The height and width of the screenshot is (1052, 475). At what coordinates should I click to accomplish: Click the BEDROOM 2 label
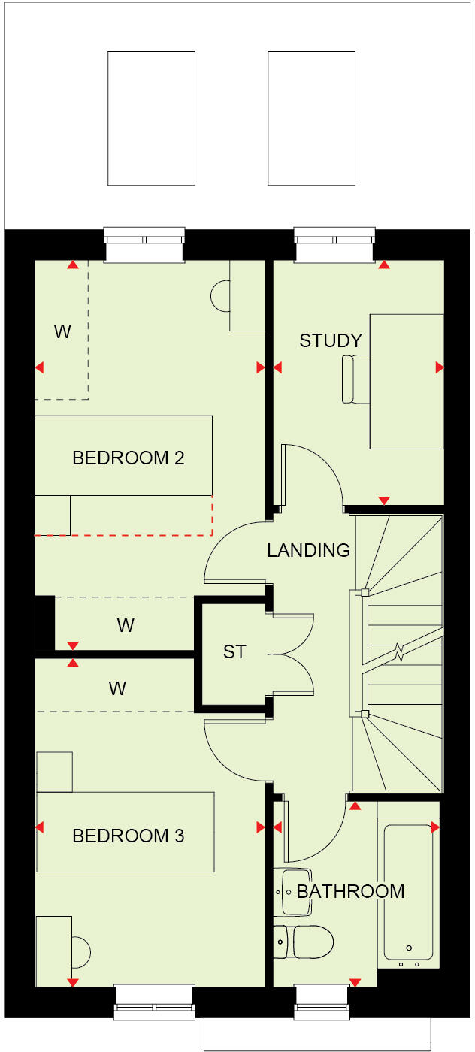click(128, 458)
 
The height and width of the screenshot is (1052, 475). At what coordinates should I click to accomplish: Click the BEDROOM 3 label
click(128, 836)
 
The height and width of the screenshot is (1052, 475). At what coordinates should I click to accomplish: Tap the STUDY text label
click(331, 340)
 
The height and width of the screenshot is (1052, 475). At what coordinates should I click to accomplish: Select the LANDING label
click(308, 550)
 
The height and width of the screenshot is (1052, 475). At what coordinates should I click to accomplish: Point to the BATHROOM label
click(350, 892)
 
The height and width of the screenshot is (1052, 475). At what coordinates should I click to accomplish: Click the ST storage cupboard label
click(234, 651)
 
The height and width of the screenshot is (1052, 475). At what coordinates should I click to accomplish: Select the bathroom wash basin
click(296, 892)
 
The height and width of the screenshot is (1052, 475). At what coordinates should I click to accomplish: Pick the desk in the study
click(406, 382)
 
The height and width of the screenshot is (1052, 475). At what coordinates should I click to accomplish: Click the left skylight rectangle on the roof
click(151, 118)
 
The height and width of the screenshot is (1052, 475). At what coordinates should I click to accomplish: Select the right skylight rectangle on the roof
click(311, 118)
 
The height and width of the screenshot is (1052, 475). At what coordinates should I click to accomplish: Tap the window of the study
click(334, 245)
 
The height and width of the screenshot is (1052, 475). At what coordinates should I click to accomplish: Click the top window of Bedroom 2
click(144, 245)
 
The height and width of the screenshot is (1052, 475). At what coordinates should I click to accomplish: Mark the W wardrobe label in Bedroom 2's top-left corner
click(62, 331)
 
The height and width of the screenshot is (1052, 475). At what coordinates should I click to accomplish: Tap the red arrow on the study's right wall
click(439, 367)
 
